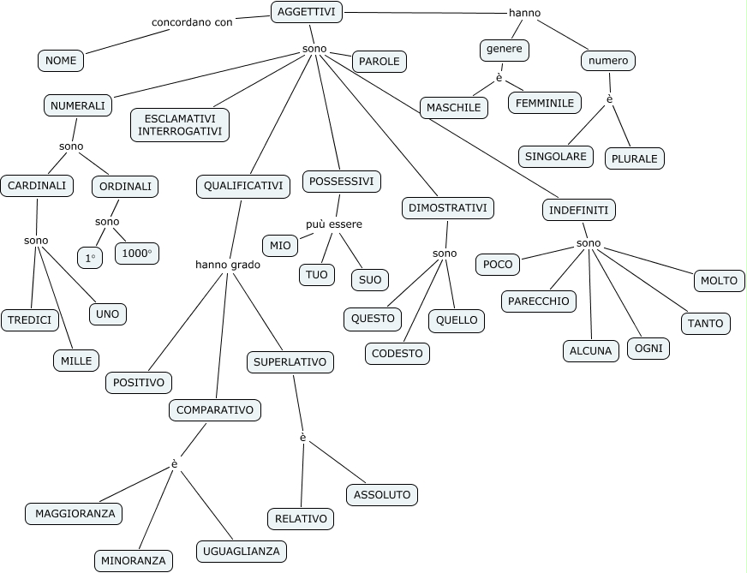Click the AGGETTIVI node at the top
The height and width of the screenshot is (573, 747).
[307, 12]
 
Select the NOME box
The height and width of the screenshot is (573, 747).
[61, 61]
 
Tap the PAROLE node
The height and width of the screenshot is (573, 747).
[379, 62]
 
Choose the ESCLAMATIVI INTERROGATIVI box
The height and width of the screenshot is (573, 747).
[180, 124]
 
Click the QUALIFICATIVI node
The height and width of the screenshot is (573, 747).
[243, 186]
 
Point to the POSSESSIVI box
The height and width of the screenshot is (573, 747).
[341, 182]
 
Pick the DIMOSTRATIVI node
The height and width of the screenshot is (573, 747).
[447, 207]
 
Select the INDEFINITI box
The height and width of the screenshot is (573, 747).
[579, 210]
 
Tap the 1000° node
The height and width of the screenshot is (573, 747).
[136, 254]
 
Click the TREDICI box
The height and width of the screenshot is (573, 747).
[29, 320]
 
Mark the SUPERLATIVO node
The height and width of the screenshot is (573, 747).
[290, 362]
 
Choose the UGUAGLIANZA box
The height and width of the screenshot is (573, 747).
[241, 551]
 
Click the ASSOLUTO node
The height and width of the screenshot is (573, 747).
[382, 494]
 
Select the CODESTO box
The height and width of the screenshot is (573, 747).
[397, 353]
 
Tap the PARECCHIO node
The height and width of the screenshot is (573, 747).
[538, 301]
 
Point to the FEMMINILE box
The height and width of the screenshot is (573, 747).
[544, 103]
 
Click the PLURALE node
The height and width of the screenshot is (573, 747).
[634, 158]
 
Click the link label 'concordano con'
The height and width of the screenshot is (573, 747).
[192, 22]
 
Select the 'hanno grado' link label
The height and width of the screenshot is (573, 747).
[228, 265]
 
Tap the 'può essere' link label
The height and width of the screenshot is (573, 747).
[334, 224]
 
